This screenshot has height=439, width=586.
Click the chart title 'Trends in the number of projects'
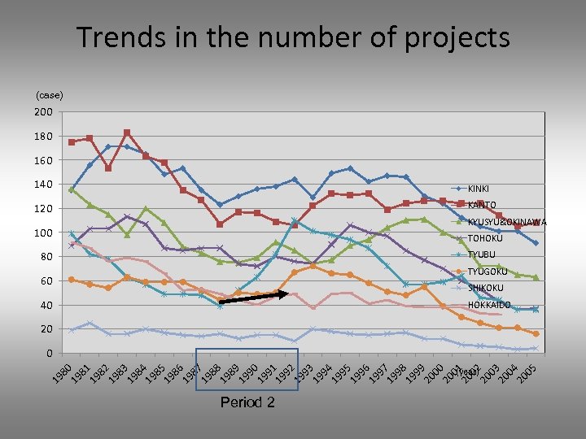tap(293, 37)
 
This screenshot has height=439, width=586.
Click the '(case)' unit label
tap(49, 95)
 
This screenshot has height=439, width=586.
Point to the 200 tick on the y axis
tap(44, 112)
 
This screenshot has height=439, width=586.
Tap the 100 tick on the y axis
tap(44, 233)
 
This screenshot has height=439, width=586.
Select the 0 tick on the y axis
tap(49, 354)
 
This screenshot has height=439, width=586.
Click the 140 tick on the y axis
tap(44, 185)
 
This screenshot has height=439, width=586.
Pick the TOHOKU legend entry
tap(487, 238)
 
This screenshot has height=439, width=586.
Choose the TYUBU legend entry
tap(483, 254)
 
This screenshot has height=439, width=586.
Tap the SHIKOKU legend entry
tap(486, 288)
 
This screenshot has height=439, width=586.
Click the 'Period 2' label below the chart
tap(247, 403)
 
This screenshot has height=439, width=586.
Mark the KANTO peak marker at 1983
tap(127, 133)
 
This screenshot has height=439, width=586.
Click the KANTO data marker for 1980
tap(72, 142)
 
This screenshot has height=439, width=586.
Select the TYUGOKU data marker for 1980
tap(72, 280)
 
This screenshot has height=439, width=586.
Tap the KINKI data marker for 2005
tap(535, 243)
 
